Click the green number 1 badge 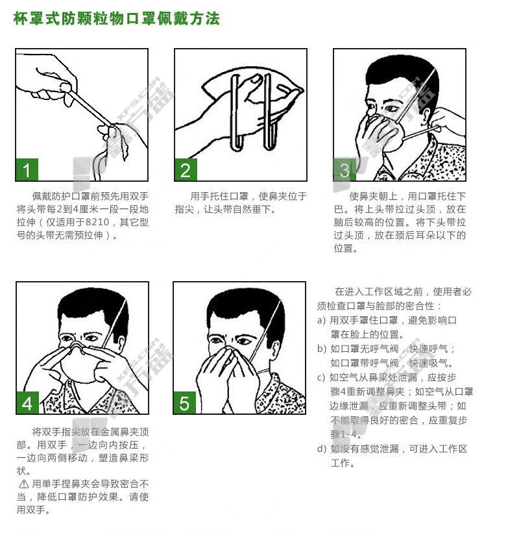(x=27, y=169)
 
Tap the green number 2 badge (x=186, y=169)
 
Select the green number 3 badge (x=345, y=169)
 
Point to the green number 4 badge (x=27, y=403)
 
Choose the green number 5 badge (x=184, y=403)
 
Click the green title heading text (x=117, y=18)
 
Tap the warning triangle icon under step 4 (x=23, y=484)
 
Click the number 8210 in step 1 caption (x=97, y=222)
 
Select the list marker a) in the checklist (x=321, y=320)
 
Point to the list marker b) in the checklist (x=322, y=349)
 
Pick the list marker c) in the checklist (x=321, y=377)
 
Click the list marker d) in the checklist (x=322, y=449)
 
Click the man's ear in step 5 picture (x=274, y=349)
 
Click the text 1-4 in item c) (x=349, y=434)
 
